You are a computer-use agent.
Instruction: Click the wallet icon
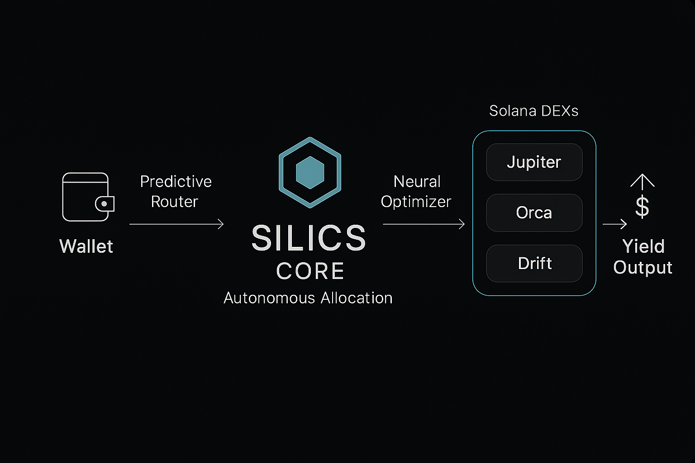tap(87, 197)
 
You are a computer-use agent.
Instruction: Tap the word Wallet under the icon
tap(86, 246)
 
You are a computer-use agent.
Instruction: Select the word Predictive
tap(176, 181)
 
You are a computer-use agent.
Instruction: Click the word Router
tap(174, 202)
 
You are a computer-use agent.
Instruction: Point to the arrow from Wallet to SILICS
tap(176, 224)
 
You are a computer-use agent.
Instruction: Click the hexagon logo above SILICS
tap(310, 172)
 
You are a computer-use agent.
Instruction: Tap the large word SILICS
tap(309, 238)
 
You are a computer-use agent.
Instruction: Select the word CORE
tap(310, 271)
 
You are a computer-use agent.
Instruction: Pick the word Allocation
tap(357, 298)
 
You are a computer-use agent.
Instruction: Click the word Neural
tap(417, 181)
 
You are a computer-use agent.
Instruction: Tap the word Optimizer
tap(416, 202)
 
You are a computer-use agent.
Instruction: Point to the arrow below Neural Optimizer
tap(424, 224)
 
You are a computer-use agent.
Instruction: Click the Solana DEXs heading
tap(533, 111)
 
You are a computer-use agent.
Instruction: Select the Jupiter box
tap(534, 162)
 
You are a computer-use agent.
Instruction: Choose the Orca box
tap(534, 213)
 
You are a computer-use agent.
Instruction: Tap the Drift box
tap(534, 263)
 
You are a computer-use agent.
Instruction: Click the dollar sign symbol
tap(642, 207)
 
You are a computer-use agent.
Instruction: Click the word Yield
tap(643, 246)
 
